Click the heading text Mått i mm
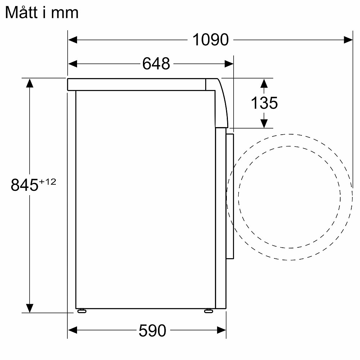[x=42, y=13]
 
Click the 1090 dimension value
[x=211, y=40]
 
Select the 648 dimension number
[x=156, y=64]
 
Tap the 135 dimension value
[x=264, y=103]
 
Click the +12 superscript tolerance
[x=48, y=182]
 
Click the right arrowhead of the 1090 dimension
[x=348, y=40]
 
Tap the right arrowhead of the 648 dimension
[x=229, y=64]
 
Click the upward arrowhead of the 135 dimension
[x=264, y=84]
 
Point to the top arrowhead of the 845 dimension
[x=30, y=83]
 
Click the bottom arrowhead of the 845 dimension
[x=30, y=308]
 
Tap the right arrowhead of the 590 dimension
[x=221, y=330]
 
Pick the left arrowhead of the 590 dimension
[x=73, y=330]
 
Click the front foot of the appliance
[x=208, y=311]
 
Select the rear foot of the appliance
[x=82, y=311]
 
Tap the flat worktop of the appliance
[x=137, y=84]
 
